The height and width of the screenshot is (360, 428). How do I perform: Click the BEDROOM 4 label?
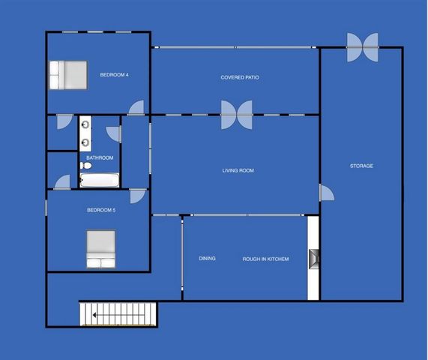tap(114, 74)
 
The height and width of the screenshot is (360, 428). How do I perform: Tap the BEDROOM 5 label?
tap(101, 210)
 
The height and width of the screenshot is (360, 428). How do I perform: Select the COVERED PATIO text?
tap(240, 77)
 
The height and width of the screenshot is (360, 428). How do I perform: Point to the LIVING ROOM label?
tap(238, 170)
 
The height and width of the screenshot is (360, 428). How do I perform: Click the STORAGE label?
tap(361, 166)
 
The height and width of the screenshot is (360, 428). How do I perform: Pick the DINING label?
tap(207, 259)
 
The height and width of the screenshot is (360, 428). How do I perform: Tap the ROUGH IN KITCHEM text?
tap(265, 259)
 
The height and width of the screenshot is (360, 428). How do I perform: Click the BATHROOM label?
tap(100, 157)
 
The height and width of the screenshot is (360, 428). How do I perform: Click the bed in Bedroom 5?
tap(101, 248)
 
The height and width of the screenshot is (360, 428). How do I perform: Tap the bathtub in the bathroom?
tap(100, 180)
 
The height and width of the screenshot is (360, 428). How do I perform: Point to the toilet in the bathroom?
tap(85, 166)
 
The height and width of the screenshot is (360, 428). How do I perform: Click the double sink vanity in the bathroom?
tap(85, 133)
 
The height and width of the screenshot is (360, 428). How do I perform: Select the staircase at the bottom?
tap(118, 313)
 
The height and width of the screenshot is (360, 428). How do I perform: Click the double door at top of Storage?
tap(363, 46)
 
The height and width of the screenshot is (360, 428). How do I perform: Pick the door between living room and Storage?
tap(327, 193)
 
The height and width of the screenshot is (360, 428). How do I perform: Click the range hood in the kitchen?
tap(313, 259)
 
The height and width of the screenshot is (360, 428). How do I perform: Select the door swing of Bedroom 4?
tap(136, 108)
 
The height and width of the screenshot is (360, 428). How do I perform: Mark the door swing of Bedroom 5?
tap(138, 196)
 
